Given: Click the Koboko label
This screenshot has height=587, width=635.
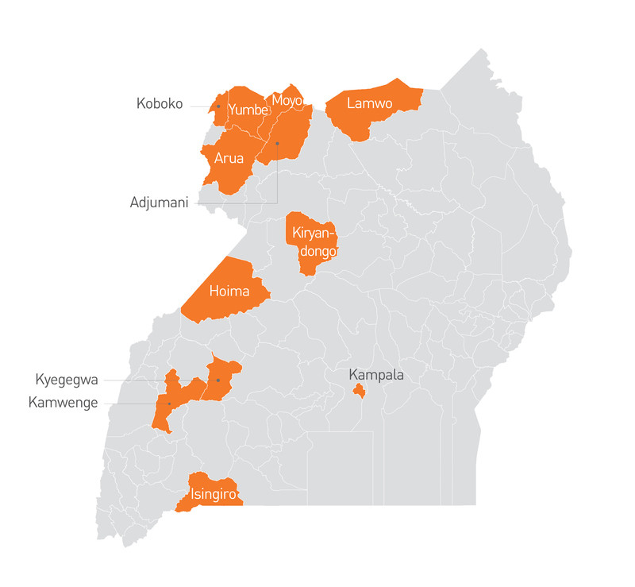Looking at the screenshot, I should (160, 103).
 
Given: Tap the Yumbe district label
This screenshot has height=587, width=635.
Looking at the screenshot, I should (248, 110).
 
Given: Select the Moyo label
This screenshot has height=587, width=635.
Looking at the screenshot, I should (287, 100).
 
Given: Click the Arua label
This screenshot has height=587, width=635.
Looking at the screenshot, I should (229, 157).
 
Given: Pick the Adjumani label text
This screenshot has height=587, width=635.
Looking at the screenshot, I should (159, 203).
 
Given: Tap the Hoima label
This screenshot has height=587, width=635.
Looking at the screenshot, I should (229, 291).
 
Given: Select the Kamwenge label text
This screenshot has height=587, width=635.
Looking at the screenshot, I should (63, 403).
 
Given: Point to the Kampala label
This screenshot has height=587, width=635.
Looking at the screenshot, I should (376, 374).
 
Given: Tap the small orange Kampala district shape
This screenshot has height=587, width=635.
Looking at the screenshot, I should (359, 391).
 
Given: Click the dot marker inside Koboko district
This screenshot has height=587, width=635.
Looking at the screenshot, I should (218, 106).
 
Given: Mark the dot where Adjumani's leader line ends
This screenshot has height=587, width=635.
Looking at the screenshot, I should (277, 143).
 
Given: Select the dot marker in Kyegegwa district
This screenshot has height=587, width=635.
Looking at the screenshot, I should (218, 380).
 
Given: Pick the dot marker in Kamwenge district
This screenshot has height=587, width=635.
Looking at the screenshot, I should (169, 404).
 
